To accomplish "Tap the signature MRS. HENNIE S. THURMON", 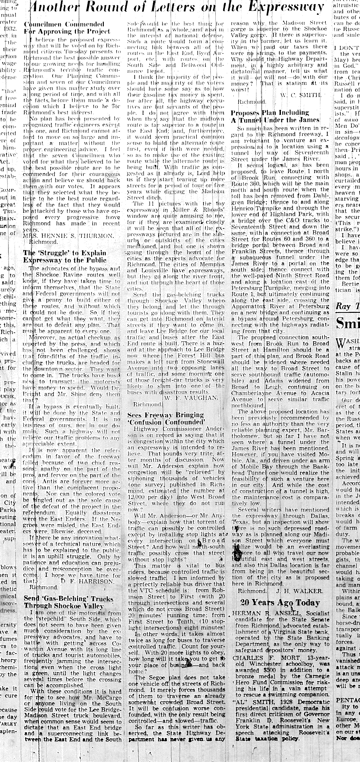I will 68,236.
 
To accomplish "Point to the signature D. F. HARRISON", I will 87,581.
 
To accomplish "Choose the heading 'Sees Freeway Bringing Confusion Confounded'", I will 166,419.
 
